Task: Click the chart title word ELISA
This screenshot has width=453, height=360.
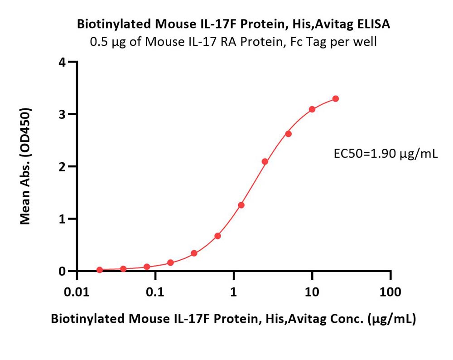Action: click(x=374, y=24)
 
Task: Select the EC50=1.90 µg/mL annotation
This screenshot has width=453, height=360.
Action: click(x=386, y=154)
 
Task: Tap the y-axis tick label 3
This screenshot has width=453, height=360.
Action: click(x=62, y=114)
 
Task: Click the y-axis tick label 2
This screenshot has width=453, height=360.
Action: click(x=62, y=166)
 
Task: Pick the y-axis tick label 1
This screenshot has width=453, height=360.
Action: click(x=62, y=219)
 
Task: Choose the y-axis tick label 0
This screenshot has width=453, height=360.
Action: click(x=62, y=271)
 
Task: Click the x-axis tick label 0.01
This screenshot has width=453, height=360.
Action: click(x=77, y=292)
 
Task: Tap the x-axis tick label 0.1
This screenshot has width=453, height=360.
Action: click(x=155, y=292)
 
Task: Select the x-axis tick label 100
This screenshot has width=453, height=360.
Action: click(x=390, y=292)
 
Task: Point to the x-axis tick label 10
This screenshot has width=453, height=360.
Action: click(x=312, y=292)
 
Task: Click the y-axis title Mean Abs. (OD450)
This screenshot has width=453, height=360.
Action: click(x=25, y=166)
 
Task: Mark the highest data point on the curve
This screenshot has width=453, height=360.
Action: click(x=335, y=98)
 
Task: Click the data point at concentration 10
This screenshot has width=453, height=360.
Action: click(x=312, y=109)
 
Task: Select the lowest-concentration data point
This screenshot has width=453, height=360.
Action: click(x=100, y=270)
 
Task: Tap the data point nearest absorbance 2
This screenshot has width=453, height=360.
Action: click(x=265, y=161)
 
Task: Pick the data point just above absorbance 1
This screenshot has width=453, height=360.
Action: click(x=241, y=205)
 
